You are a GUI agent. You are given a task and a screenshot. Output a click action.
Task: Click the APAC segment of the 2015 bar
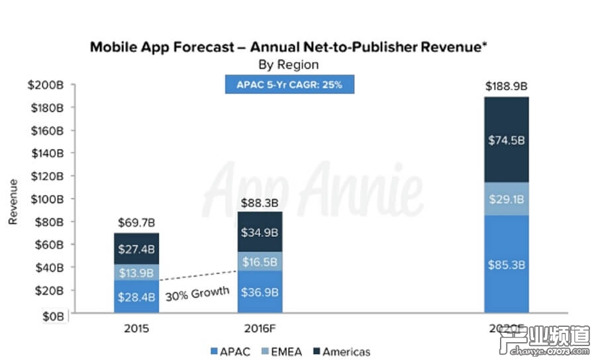(x=136, y=296)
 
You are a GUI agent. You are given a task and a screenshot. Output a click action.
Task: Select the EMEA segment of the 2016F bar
(x=260, y=261)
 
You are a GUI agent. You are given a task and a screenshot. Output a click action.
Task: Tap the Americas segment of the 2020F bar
(x=506, y=140)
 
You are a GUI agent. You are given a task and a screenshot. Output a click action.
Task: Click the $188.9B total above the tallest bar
(x=506, y=86)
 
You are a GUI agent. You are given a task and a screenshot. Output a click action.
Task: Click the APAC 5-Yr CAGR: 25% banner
(x=289, y=85)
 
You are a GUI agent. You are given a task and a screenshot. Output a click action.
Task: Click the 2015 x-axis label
(x=136, y=328)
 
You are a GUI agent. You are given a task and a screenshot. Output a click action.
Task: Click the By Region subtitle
(x=288, y=65)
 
